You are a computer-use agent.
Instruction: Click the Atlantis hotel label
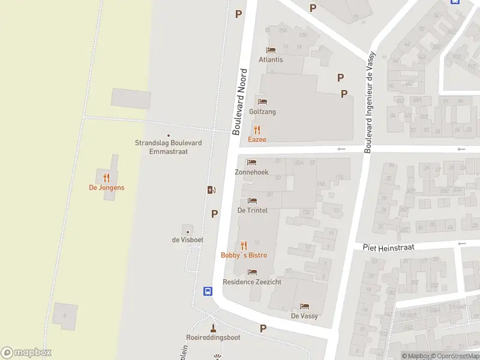pos(271,60)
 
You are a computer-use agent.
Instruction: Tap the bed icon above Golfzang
pos(262,101)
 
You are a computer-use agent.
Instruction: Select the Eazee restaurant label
pos(257,139)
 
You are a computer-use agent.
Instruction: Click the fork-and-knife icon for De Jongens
pos(107,177)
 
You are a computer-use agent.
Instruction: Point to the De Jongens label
pos(107,188)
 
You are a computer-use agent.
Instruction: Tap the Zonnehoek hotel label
pos(251,172)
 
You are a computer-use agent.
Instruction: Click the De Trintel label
pos(252,211)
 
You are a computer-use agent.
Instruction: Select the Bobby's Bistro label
pos(244,256)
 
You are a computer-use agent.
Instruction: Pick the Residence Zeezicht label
pos(251,282)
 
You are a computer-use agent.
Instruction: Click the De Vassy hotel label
pos(304,316)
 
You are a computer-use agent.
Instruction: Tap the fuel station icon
pos(211,190)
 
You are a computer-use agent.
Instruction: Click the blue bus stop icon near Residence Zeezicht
pos(208,292)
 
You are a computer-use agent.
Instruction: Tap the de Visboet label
pos(188,240)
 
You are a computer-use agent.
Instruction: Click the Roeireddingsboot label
pos(213,337)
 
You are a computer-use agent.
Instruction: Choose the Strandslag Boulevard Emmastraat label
pos(168,147)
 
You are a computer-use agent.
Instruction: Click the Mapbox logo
pos(26,352)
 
